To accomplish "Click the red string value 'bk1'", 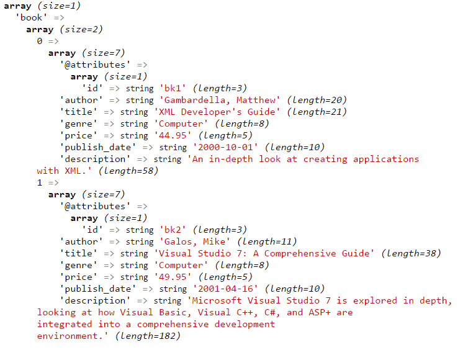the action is point(173,88).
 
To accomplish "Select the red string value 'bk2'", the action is point(173,230).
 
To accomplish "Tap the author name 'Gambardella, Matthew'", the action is point(220,101).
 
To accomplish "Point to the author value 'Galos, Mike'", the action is point(195,241).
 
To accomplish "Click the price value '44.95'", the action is point(173,135).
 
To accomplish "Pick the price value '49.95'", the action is point(173,277).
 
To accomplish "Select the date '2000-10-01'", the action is point(225,147).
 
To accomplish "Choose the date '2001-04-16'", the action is point(225,289).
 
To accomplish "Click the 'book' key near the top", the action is point(31,17).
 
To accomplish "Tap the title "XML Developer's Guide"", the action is point(217,112).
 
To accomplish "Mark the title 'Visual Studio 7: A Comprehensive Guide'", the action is point(264,253).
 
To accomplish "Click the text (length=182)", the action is point(148,336).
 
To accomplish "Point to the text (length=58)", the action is point(128,171).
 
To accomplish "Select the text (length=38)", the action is point(411,253).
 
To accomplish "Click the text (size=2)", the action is point(81,30).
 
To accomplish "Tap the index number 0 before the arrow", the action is point(39,41).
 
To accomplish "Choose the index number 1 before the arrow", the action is point(39,182).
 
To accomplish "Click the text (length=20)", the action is point(317,101).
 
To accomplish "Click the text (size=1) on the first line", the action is point(59,6).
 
